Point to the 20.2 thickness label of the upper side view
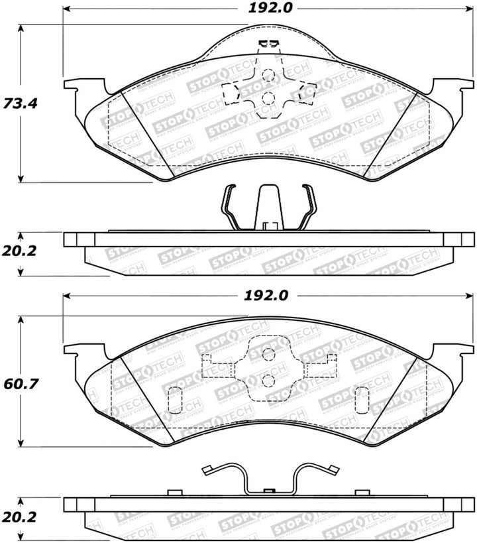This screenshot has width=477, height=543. [15, 251]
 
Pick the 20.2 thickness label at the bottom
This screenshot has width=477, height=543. [15, 516]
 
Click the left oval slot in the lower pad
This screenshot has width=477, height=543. [176, 399]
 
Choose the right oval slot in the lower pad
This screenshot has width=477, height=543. [362, 399]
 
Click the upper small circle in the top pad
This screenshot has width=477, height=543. [268, 76]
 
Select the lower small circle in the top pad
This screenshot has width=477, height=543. [268, 99]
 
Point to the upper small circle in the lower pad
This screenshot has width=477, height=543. [268, 354]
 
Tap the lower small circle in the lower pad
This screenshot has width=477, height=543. [268, 379]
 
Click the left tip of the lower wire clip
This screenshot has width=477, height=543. [206, 471]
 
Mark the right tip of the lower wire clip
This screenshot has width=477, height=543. [331, 471]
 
